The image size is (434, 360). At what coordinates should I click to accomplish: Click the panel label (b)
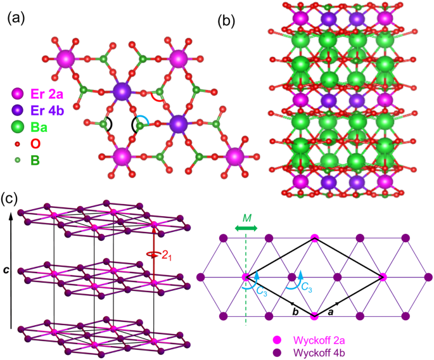click(226, 19)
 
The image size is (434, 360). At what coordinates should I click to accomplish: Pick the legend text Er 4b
click(46, 110)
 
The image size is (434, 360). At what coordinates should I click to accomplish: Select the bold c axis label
click(6, 270)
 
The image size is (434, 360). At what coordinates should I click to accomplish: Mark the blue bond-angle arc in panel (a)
click(146, 120)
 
